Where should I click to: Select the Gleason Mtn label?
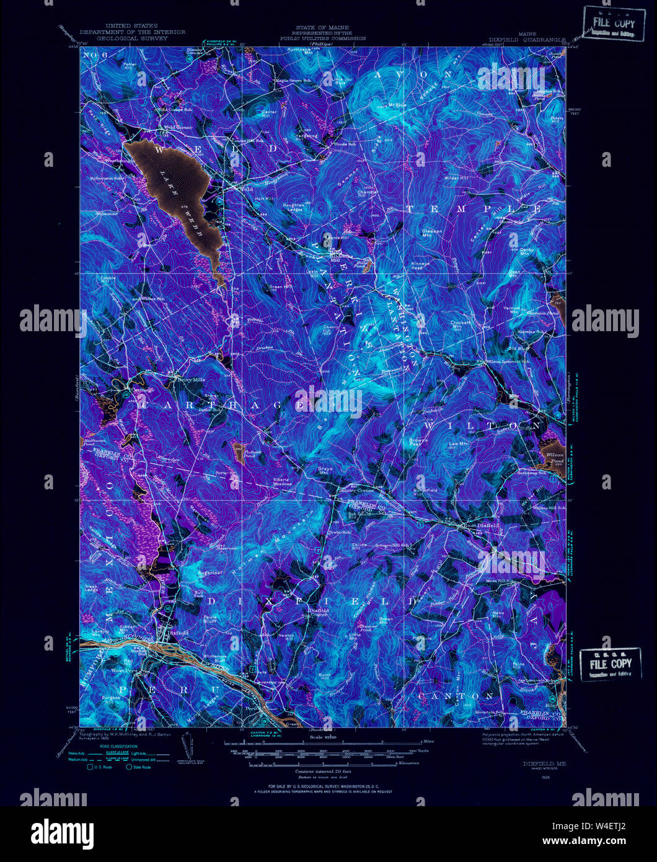coord(432,233)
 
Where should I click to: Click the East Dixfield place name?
coord(482,525)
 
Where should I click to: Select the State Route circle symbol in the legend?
coord(130,766)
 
